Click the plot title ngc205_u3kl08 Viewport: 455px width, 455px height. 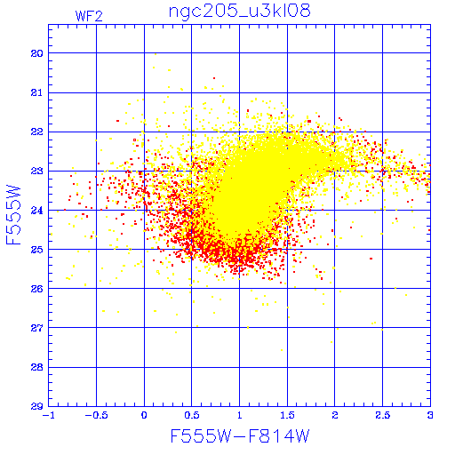239,12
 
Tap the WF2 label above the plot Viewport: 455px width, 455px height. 89,16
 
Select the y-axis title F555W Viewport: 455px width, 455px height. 13,215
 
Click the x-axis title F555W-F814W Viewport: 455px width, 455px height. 240,436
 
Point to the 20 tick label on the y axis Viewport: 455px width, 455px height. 36,53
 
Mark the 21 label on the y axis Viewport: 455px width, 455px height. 36,93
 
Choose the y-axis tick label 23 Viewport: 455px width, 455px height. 36,172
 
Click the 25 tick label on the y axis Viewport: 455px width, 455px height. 36,250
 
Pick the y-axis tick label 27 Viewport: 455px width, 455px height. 36,328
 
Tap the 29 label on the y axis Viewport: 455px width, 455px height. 36,406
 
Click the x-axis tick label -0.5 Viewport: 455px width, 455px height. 96,415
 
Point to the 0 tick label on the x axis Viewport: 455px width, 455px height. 144,415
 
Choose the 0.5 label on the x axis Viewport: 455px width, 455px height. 192,415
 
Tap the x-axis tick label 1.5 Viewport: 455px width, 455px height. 287,415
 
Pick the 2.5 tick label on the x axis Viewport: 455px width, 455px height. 382,415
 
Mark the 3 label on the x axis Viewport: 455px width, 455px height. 430,415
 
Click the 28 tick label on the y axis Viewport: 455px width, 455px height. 36,367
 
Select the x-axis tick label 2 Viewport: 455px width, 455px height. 335,415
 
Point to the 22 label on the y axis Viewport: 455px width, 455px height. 36,132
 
